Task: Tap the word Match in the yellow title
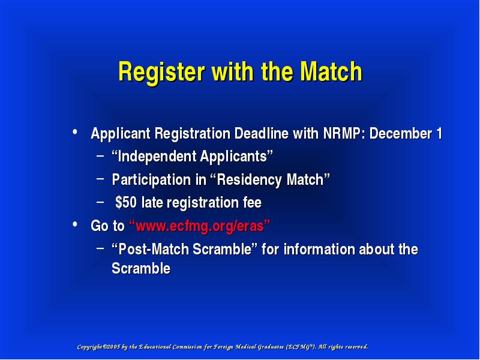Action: point(331,71)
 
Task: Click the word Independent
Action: point(157,156)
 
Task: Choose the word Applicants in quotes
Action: point(233,157)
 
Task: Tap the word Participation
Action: point(151,179)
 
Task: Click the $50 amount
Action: point(126,203)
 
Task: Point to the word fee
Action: point(252,203)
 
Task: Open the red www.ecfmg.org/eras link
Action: point(200,226)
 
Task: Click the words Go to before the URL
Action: point(107,226)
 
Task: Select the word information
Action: point(319,249)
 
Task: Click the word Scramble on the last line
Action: point(141,268)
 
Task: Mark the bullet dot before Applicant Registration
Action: point(74,132)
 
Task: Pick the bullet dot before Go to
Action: point(74,224)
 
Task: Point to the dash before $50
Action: point(100,202)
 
